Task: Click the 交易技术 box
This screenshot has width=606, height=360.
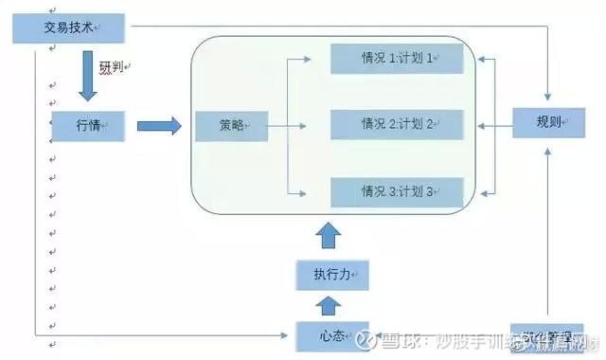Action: pyautogui.click(x=68, y=28)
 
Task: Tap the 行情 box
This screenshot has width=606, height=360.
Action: pyautogui.click(x=90, y=125)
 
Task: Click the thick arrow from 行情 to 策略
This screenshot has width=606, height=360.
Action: pyautogui.click(x=158, y=125)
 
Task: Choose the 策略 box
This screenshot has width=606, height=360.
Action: pyautogui.click(x=231, y=125)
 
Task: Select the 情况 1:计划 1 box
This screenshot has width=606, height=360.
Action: pyautogui.click(x=397, y=59)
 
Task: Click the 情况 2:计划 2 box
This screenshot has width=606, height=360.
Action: pyautogui.click(x=397, y=124)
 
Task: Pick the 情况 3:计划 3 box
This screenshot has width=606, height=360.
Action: pyautogui.click(x=397, y=191)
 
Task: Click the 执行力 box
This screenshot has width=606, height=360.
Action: pyautogui.click(x=327, y=275)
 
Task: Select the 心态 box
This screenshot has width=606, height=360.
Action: pyautogui.click(x=327, y=335)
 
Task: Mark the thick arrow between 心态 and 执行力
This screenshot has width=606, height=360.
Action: pyautogui.click(x=327, y=305)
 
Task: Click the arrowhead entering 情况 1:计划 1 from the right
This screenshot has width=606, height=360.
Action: pyautogui.click(x=482, y=59)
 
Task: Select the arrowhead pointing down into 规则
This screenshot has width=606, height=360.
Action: pyautogui.click(x=549, y=99)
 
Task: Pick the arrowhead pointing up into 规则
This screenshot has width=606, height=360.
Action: pyautogui.click(x=549, y=148)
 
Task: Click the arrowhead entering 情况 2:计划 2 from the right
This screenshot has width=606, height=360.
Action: pyautogui.click(x=482, y=124)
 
